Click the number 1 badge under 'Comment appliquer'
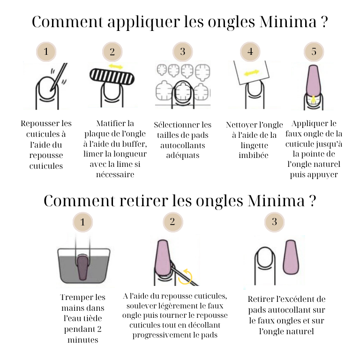click(x=46, y=52)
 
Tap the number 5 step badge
click(x=314, y=52)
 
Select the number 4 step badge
click(x=250, y=52)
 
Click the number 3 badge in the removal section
click(x=274, y=222)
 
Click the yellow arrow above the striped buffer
click(x=116, y=67)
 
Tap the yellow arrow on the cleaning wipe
click(x=252, y=73)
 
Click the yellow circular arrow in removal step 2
click(x=185, y=277)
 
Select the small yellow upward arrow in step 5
click(x=314, y=99)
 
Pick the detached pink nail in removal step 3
click(x=292, y=258)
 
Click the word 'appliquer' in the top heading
click(x=144, y=22)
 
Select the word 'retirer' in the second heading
click(x=144, y=201)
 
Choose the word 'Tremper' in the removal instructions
click(x=76, y=297)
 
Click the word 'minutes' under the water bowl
click(x=82, y=340)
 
